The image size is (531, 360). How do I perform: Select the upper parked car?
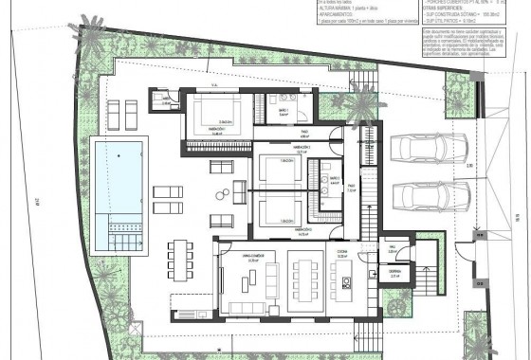429,149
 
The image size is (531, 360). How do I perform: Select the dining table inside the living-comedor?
305,279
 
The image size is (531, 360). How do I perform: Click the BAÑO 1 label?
284,111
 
